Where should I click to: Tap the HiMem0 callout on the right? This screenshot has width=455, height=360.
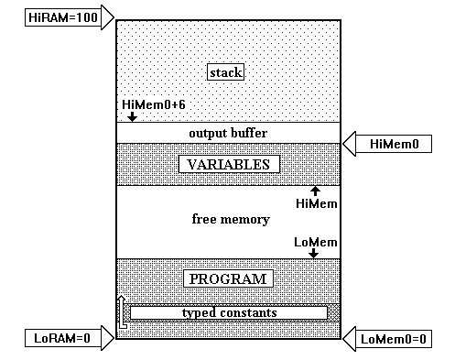[x=394, y=143]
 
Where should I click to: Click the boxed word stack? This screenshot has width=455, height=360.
[x=227, y=72]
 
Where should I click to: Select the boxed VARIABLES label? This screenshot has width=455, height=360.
[x=228, y=165]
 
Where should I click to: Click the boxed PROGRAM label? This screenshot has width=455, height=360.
[x=227, y=278]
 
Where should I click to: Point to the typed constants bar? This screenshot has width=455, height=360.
[x=228, y=313]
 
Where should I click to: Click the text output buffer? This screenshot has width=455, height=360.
[x=227, y=133]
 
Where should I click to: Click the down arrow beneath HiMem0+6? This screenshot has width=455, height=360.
[x=132, y=116]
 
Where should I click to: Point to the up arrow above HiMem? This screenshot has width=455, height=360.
[x=315, y=191]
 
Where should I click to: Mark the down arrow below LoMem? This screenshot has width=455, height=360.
[x=315, y=253]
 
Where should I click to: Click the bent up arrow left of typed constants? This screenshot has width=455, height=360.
[x=121, y=312]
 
